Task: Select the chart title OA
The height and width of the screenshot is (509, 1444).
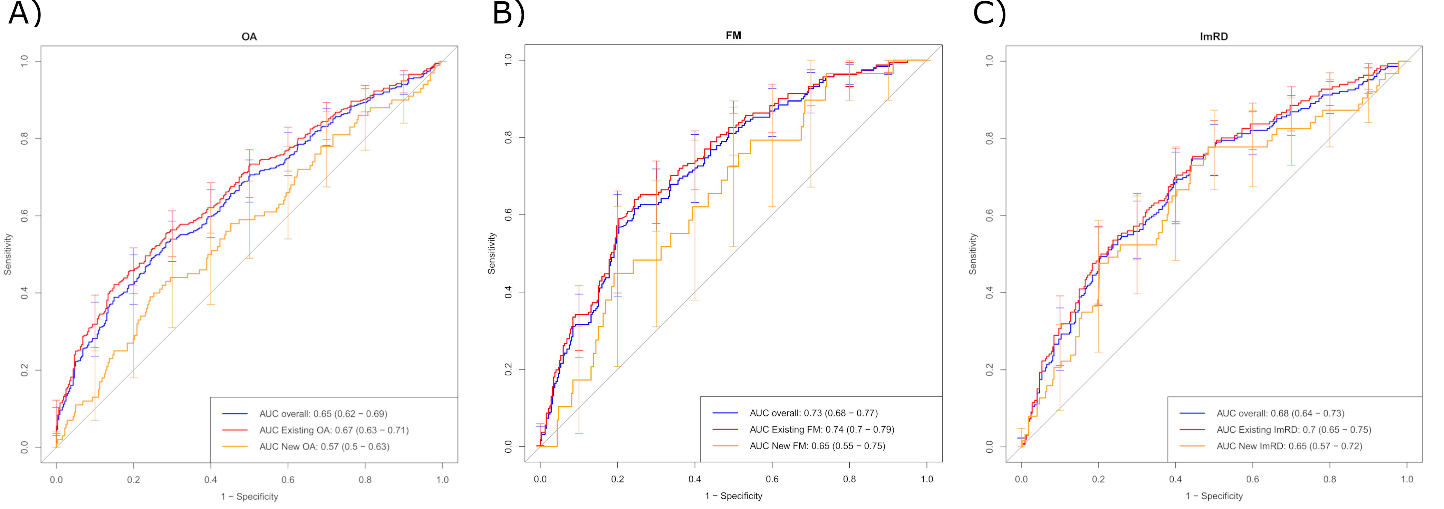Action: point(249,37)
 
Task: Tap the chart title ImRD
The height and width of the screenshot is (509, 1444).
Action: point(1214,37)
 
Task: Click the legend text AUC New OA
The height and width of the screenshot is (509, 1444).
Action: point(324,447)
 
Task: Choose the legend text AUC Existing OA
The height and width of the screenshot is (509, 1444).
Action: point(334,431)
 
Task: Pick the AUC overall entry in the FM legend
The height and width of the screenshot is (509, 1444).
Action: point(814,413)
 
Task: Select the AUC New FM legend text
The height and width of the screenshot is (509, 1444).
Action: point(817,446)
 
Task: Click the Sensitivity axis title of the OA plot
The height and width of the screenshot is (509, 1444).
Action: point(8,254)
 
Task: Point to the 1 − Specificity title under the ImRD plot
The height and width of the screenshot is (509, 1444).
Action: point(1214,496)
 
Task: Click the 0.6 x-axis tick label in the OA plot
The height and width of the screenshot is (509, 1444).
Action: point(288,480)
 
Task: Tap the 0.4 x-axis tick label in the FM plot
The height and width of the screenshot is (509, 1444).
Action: point(694,479)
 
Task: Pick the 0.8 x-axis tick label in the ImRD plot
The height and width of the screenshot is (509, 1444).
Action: point(1330,479)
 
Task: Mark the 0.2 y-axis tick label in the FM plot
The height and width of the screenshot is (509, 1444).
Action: point(508,369)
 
